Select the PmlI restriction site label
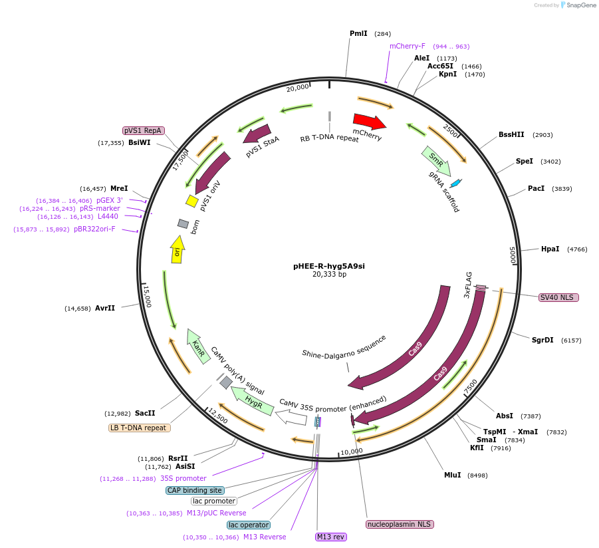pyautogui.click(x=358, y=33)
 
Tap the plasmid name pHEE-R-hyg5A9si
pyautogui.click(x=329, y=266)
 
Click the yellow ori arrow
pyautogui.click(x=177, y=250)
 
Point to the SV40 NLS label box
pyautogui.click(x=558, y=297)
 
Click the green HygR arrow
pyautogui.click(x=252, y=402)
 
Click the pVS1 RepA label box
pyautogui.click(x=144, y=130)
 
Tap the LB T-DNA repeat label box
pyautogui.click(x=140, y=428)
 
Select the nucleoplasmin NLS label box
pyautogui.click(x=400, y=524)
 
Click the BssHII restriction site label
pyautogui.click(x=511, y=134)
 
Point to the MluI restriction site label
pyautogui.click(x=453, y=475)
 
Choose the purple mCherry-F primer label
pyautogui.click(x=407, y=47)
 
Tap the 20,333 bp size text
pyautogui.click(x=329, y=274)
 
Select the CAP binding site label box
pyautogui.click(x=194, y=490)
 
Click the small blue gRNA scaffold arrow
pyautogui.click(x=455, y=183)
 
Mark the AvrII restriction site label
pyautogui.click(x=105, y=308)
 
